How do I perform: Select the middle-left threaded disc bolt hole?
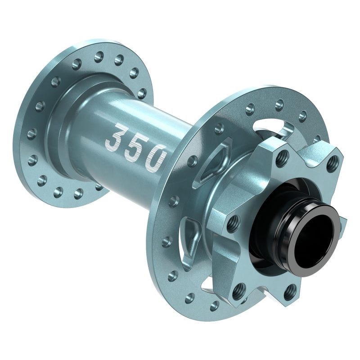tap(233, 224)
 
